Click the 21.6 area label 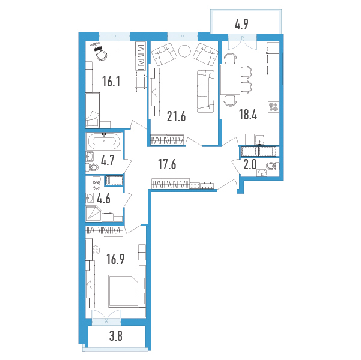pos(176,117)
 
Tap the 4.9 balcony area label pos(241,24)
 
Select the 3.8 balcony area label pos(115,337)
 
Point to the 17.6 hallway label pos(167,164)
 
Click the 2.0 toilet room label pos(250,165)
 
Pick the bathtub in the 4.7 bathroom pos(104,141)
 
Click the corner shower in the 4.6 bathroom pos(94,214)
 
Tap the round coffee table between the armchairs pos(184,50)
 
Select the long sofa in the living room pos(205,92)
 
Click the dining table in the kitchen pos(230,80)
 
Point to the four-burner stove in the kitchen pos(274,107)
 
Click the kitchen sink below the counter pos(260,140)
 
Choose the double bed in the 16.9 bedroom pos(127,291)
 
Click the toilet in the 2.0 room pos(273,166)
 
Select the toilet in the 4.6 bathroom pos(97,182)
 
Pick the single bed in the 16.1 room pos(93,110)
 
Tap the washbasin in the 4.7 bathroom pos(89,157)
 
